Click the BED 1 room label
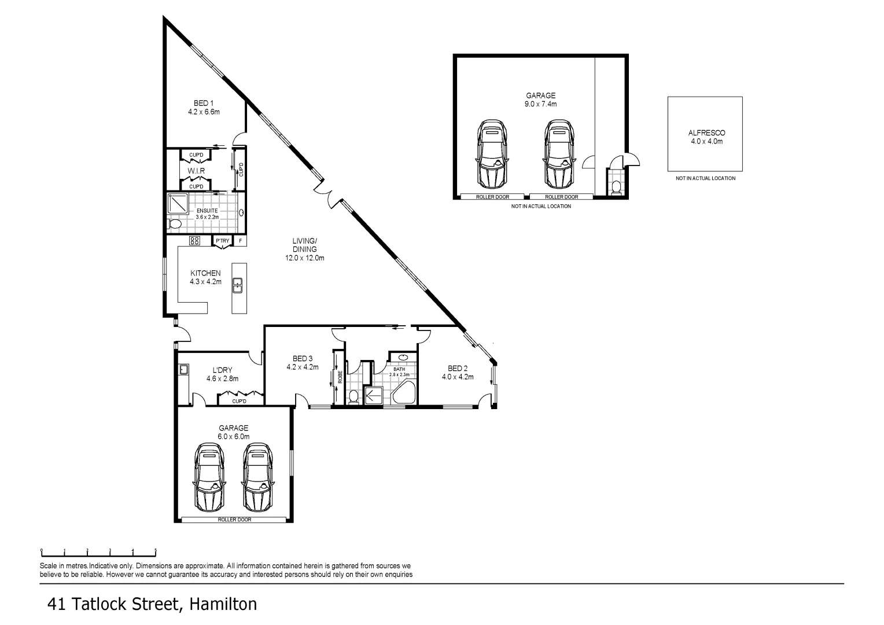coord(204,104)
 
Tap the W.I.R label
coord(196,171)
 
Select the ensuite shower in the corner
coord(178,204)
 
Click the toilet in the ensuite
coord(174,225)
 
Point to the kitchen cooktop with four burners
coord(194,240)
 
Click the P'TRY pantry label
coord(223,241)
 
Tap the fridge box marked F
coord(240,241)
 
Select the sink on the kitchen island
coord(238,285)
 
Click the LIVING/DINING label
coord(305,245)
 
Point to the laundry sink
coord(183,370)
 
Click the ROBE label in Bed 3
coord(340,377)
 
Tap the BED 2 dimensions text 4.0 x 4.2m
coord(458,377)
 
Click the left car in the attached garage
coord(209,477)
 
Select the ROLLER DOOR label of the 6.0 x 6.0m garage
coord(234,520)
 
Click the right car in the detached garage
coord(559,155)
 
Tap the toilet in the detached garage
coord(615,187)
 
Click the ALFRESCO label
coord(707,133)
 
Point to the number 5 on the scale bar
coord(156,550)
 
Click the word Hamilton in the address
coord(223,605)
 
